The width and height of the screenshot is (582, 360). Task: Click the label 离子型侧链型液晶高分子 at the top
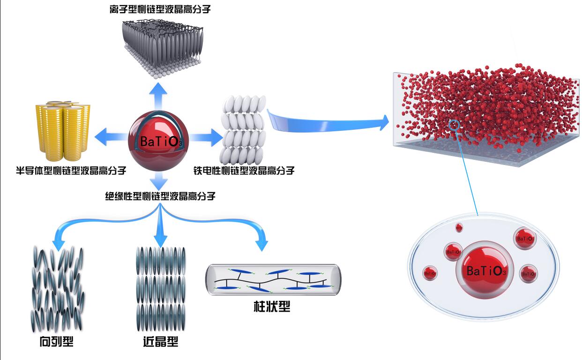tap(160, 9)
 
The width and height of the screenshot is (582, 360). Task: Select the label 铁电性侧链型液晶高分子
tap(244, 170)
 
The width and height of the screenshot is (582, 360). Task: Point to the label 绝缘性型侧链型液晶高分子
tap(160, 196)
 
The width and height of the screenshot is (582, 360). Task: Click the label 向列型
tap(57, 342)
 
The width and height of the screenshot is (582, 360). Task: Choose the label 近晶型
tap(160, 342)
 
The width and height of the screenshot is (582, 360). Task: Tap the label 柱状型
tap(273, 307)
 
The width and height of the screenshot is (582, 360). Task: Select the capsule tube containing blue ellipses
tap(273, 279)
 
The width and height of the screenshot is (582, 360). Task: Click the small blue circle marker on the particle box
tap(454, 125)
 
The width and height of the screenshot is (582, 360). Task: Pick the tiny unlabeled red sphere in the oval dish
tap(459, 228)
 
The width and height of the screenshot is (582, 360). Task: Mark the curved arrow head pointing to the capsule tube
tap(262, 244)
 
